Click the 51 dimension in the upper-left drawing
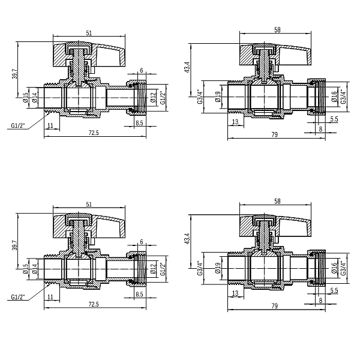coord(89,34)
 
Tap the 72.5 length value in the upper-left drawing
coord(93,133)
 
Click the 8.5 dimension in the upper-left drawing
coord(139,123)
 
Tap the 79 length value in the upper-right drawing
coord(274,134)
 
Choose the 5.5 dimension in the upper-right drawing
coord(334,120)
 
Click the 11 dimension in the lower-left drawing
coord(49,296)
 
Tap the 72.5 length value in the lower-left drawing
coord(93,304)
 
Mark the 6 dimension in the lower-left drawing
coord(141,242)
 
